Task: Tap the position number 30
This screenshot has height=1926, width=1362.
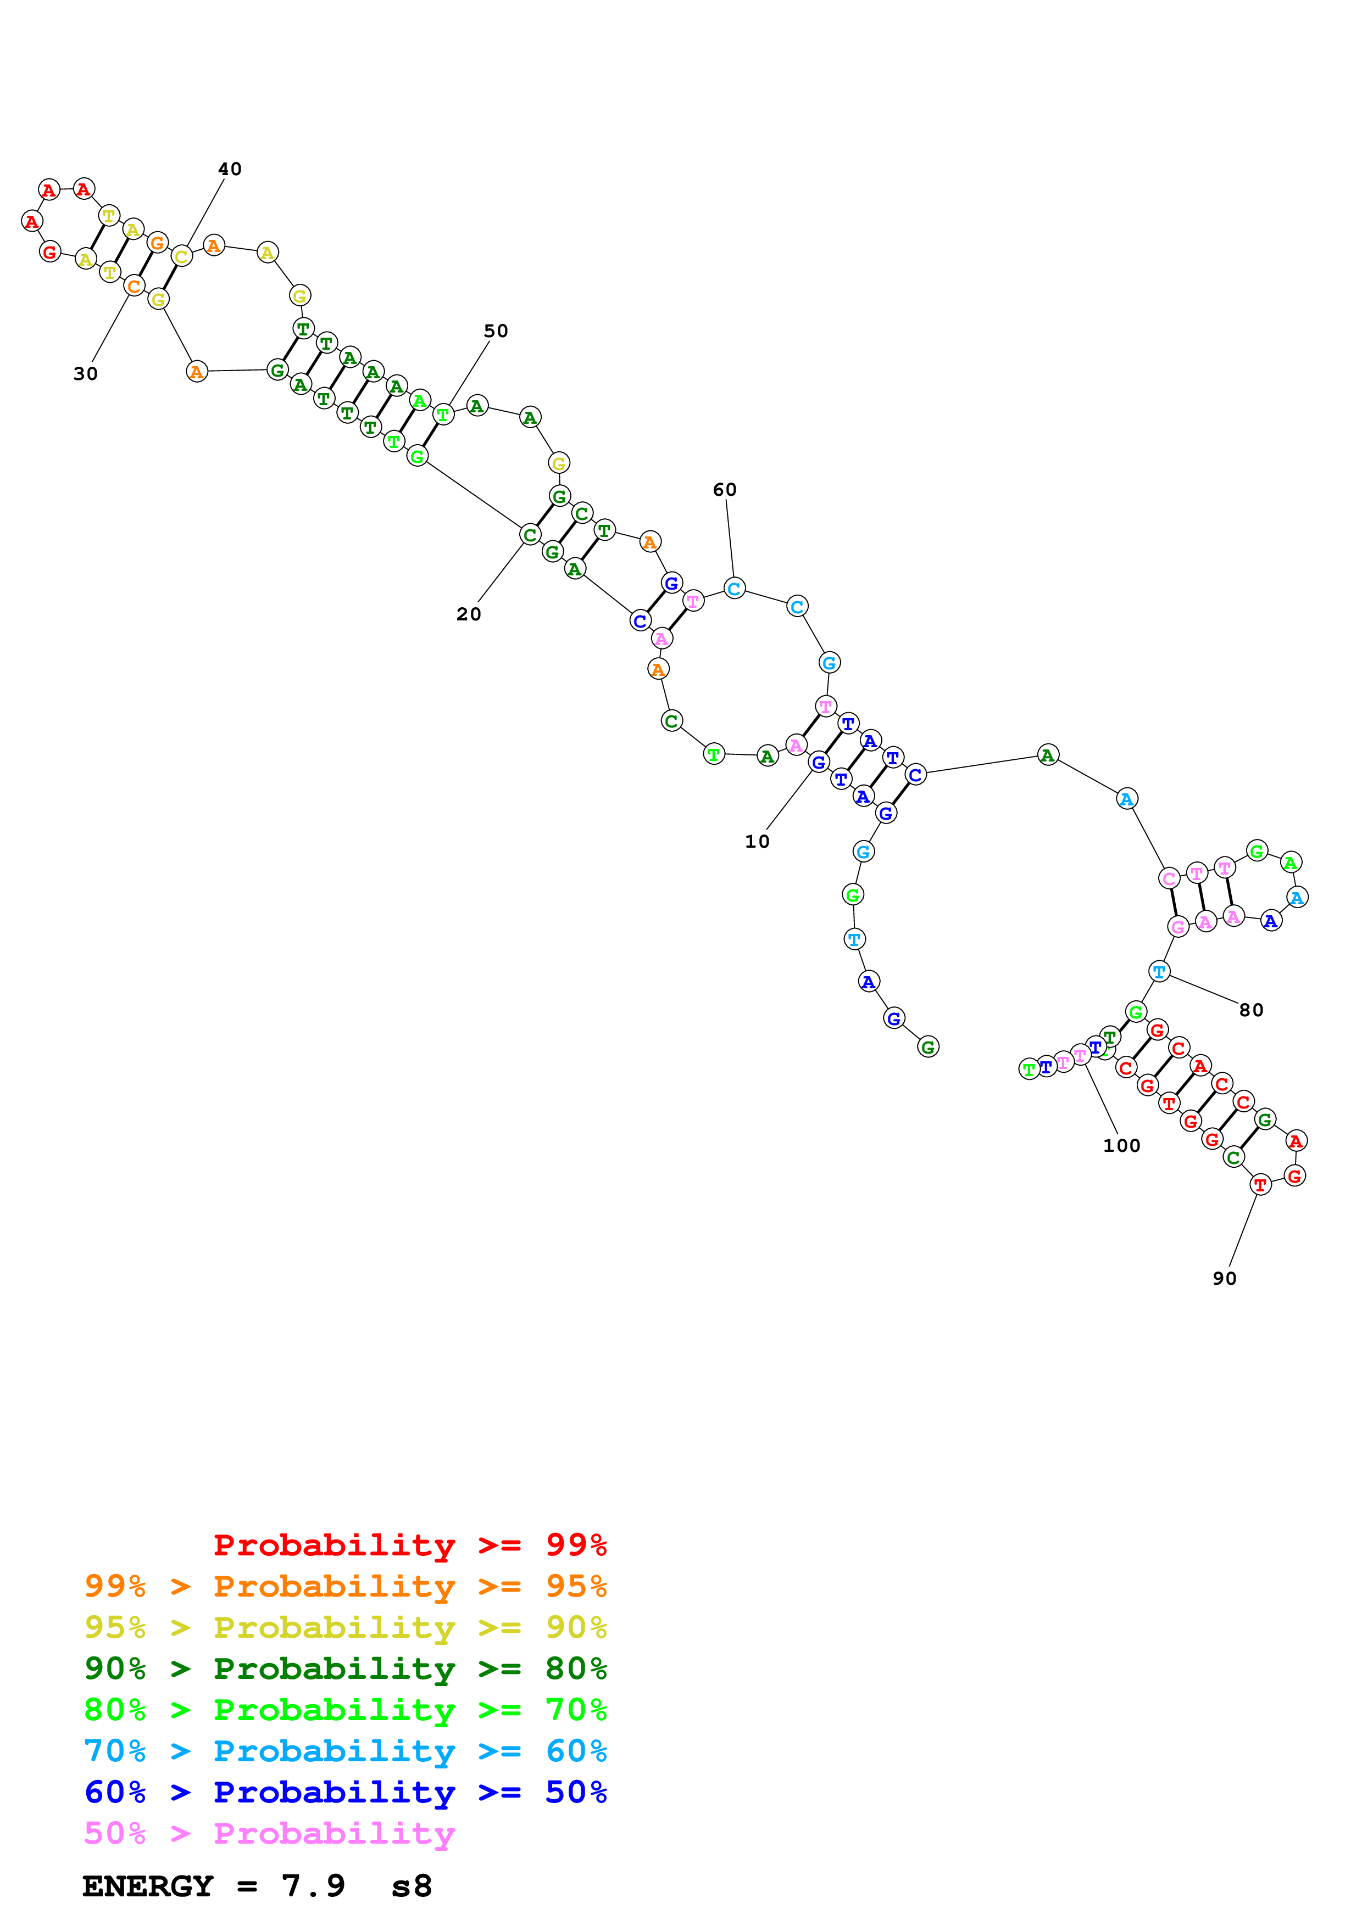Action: pyautogui.click(x=86, y=374)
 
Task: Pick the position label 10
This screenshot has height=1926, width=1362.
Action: pyautogui.click(x=757, y=841)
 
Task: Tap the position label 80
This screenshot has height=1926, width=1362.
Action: pyautogui.click(x=1250, y=1010)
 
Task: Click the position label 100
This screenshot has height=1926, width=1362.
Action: pyautogui.click(x=1121, y=1146)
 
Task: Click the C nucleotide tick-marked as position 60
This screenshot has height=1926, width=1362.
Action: pyautogui.click(x=734, y=589)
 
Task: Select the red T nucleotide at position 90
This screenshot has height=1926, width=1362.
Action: pyautogui.click(x=1260, y=1184)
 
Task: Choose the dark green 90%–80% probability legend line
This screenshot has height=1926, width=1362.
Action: pyautogui.click(x=345, y=1669)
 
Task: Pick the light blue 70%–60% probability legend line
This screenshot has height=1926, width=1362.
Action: pyautogui.click(x=345, y=1751)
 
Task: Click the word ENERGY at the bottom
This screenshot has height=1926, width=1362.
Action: pyautogui.click(x=148, y=1886)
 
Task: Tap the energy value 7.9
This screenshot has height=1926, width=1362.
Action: pyautogui.click(x=313, y=1886)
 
